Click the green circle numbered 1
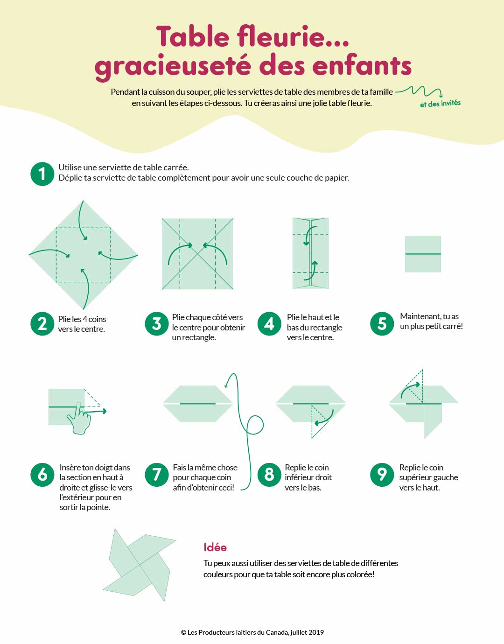pyautogui.click(x=42, y=174)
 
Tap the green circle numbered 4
pyautogui.click(x=269, y=323)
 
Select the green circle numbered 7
pyautogui.click(x=156, y=475)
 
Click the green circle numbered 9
pyautogui.click(x=382, y=475)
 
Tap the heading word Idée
pyautogui.click(x=215, y=547)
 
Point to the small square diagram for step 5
pyautogui.click(x=423, y=254)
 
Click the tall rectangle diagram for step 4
pyautogui.click(x=310, y=253)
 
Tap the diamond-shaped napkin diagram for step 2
pyautogui.click(x=83, y=255)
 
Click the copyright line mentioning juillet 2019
pyautogui.click(x=252, y=632)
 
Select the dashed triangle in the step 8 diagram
pyautogui.click(x=318, y=421)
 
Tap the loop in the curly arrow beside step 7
pyautogui.click(x=255, y=425)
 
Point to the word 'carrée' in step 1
pyautogui.click(x=176, y=168)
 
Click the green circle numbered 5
pyautogui.click(x=382, y=323)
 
